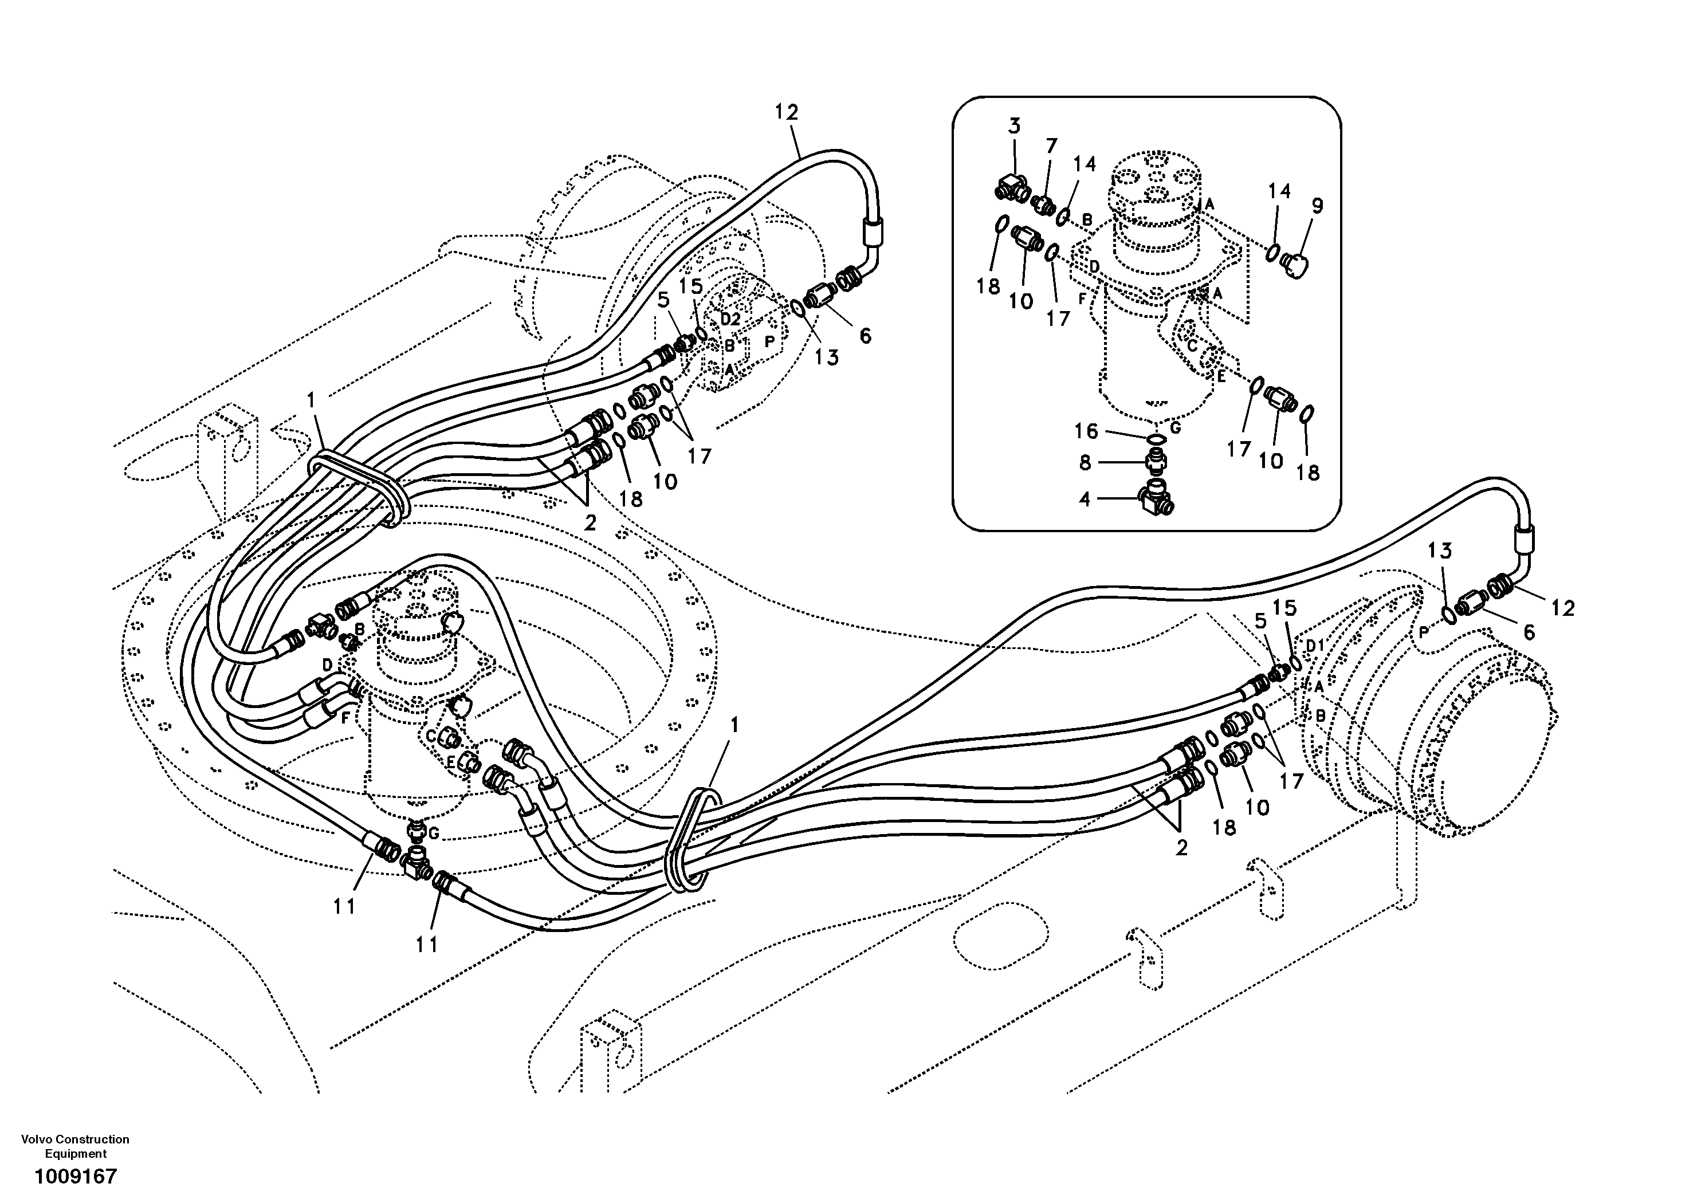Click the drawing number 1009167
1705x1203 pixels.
(75, 1176)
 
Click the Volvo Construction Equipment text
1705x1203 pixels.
(75, 1146)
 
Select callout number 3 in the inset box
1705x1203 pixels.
(1015, 126)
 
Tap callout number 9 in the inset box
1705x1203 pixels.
(1317, 206)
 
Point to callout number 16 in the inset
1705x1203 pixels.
(1086, 431)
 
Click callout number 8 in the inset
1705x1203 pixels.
(1085, 463)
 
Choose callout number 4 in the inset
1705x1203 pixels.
(1085, 499)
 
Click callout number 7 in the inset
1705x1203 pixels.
(1051, 146)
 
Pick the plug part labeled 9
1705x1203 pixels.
(1297, 265)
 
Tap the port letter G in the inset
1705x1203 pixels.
(1175, 428)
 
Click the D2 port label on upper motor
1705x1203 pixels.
(730, 319)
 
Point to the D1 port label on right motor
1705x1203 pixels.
(1315, 646)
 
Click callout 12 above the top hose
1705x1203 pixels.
(787, 113)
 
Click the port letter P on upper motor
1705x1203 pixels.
(769, 341)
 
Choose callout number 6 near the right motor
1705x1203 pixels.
(1529, 632)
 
